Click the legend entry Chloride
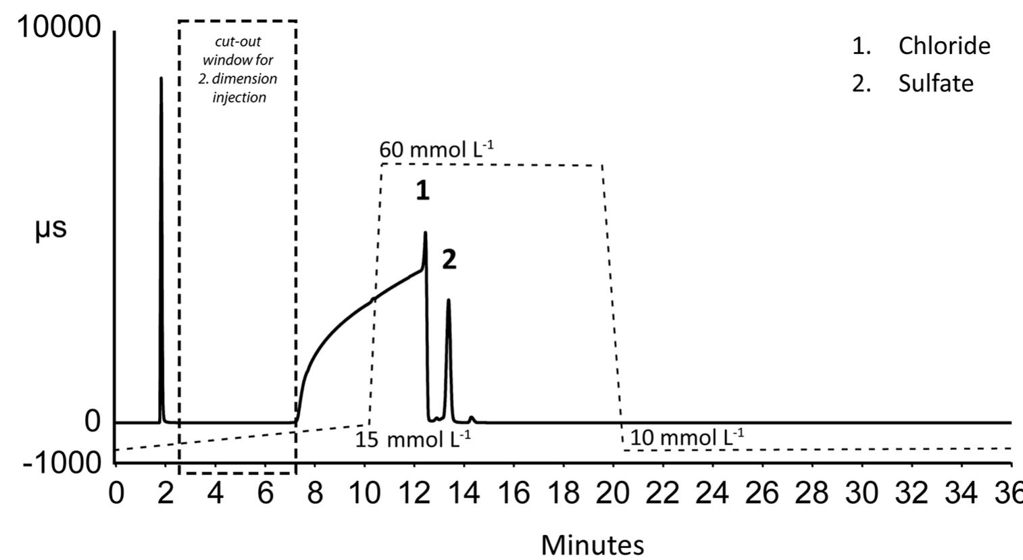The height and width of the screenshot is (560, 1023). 943,46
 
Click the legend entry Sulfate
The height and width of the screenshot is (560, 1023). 935,83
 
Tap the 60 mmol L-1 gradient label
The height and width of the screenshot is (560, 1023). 436,150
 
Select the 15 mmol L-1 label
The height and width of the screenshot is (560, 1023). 413,440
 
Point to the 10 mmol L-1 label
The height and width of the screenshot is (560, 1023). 687,438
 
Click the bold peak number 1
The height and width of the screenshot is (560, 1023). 422,191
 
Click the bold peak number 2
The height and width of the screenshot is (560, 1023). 449,259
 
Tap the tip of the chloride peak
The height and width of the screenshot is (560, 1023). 425,233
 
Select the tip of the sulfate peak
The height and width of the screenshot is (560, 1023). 448,300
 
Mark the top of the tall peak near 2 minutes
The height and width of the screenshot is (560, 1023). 161,78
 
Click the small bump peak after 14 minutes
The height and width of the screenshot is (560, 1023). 472,417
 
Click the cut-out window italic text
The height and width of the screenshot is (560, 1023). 238,70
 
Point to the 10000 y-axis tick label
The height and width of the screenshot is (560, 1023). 59,28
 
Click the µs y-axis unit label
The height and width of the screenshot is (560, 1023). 51,229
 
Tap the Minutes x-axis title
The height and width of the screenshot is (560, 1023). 593,544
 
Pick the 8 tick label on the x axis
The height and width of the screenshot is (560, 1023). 315,494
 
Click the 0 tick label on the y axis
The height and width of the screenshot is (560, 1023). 93,422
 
